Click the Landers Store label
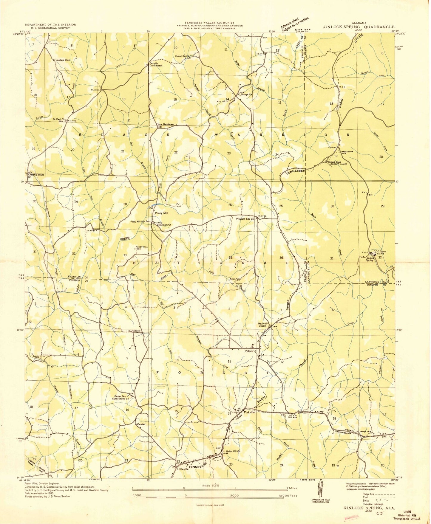[63, 60]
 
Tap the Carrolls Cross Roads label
[156, 64]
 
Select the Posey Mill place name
[161, 213]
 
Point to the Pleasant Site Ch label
[245, 219]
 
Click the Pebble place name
[249, 351]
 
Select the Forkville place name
[249, 413]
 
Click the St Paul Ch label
[59, 119]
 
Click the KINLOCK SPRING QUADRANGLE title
[358, 27]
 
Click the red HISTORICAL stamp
[351, 518]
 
